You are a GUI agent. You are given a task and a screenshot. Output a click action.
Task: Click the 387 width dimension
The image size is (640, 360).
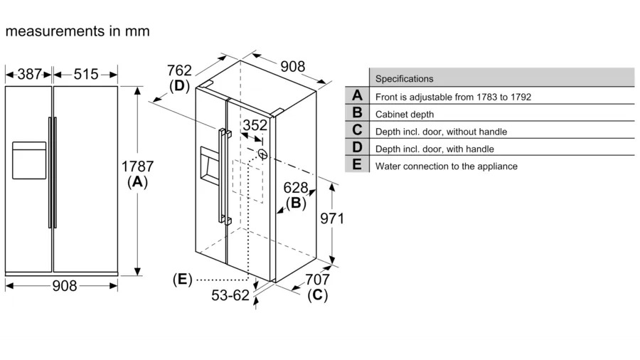coord(29,73)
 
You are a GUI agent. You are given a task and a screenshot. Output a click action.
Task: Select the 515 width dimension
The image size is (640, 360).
coord(85,73)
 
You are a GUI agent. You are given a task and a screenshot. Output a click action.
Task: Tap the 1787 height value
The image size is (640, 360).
coord(137,166)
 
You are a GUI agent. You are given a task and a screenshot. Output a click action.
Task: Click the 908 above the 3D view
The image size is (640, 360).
coord(292,67)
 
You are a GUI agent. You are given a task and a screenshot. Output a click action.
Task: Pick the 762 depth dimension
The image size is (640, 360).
coord(179,70)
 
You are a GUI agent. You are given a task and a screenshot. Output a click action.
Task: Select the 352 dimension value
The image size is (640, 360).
coord(255,125)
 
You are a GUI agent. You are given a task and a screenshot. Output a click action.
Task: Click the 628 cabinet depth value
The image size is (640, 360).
coord(295,188)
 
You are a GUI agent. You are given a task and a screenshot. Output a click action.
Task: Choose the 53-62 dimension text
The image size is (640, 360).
coord(230,295)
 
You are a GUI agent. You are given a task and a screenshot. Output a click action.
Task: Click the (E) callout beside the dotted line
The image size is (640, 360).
coord(182,279)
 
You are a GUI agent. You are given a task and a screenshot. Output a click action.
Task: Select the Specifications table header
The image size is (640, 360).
coord(404,79)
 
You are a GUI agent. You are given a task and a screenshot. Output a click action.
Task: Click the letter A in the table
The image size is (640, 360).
coord(357,96)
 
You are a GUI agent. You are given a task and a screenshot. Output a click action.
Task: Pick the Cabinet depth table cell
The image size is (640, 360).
coord(404,114)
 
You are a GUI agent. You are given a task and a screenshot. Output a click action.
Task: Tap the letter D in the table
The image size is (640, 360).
coord(357,148)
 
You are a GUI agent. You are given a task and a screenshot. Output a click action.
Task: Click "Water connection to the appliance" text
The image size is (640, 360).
coord(446,166)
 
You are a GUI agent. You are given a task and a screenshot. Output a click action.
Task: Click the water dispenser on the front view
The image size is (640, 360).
coord(29,160)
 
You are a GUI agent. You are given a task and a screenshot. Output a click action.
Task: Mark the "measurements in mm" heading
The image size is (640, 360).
coord(78,31)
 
